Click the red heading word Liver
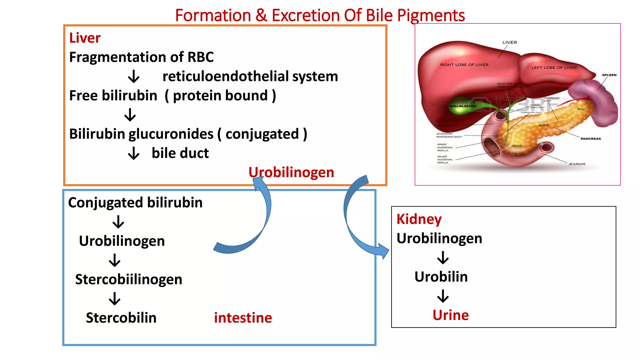[85, 38]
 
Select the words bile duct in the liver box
[180, 153]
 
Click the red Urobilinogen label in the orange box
[291, 172]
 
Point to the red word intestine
[243, 318]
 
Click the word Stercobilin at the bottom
[121, 318]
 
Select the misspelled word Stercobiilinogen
[128, 279]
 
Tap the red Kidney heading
[419, 219]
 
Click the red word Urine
[450, 315]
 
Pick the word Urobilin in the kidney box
[441, 277]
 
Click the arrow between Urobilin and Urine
[443, 296]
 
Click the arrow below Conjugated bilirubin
[118, 222]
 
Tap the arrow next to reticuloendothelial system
[134, 76]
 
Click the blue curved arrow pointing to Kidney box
[359, 225]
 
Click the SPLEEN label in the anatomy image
[609, 75]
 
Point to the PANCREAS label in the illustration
[590, 138]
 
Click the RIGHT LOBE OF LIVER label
[464, 65]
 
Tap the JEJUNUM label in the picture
[577, 164]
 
